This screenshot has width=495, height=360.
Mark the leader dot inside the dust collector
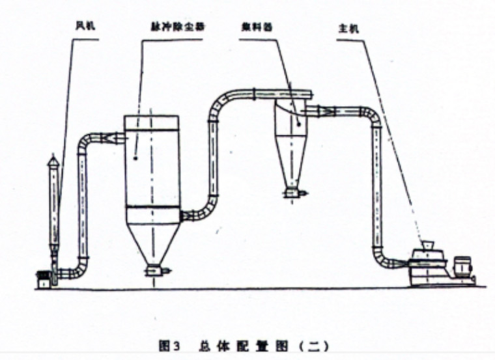tap(134, 158)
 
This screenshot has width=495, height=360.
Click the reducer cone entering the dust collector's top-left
tap(115, 137)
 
